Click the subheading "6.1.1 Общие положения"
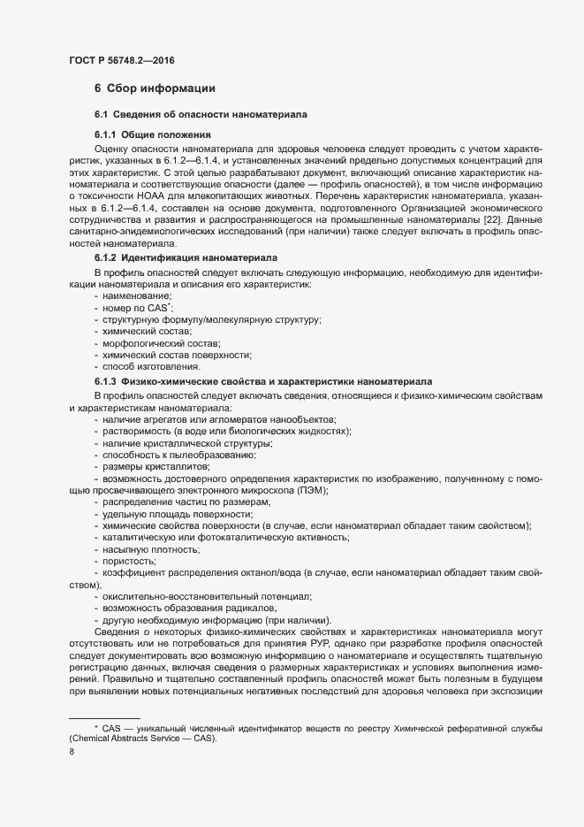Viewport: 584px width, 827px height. coord(151,134)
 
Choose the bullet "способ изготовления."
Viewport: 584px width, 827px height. coord(152,366)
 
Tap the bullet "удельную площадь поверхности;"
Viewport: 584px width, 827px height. coord(172,514)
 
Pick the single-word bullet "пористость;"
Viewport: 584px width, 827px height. coord(130,562)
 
